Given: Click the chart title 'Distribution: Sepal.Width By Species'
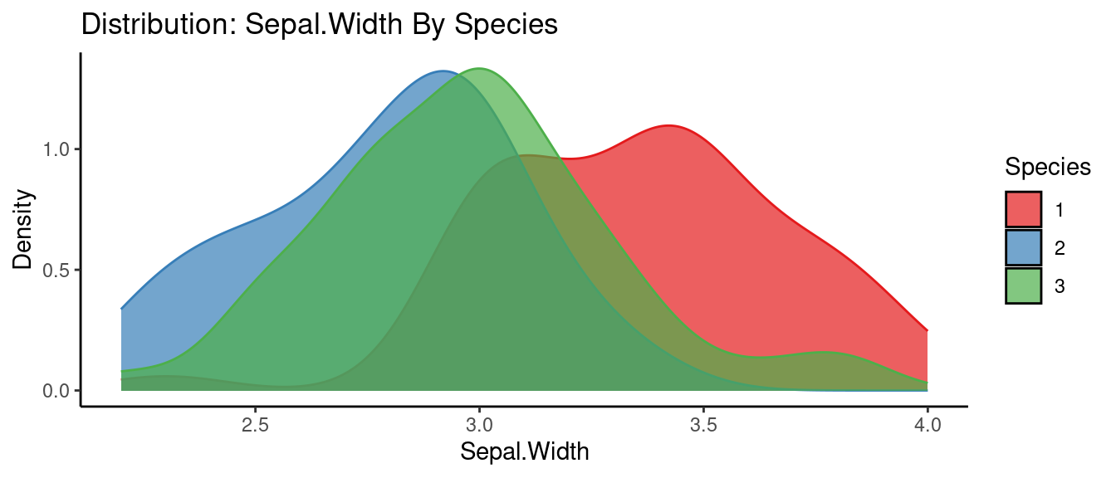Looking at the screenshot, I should tap(319, 25).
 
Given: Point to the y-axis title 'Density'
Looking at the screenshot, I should tap(24, 230).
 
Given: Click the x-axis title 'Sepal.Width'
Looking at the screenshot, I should tap(524, 451).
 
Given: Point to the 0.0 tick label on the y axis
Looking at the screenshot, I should tap(57, 390).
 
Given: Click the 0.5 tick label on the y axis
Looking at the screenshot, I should tap(57, 270).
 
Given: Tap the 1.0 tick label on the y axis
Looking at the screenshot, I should tap(57, 149).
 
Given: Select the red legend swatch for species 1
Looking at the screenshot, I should tap(1023, 209).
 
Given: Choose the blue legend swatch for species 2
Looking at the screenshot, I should tap(1023, 247).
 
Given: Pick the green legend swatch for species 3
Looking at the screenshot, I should tap(1023, 285).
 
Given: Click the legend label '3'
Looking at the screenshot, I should tap(1059, 285).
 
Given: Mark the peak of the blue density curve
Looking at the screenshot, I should tap(443, 71).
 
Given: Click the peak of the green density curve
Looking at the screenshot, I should tap(479, 69).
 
